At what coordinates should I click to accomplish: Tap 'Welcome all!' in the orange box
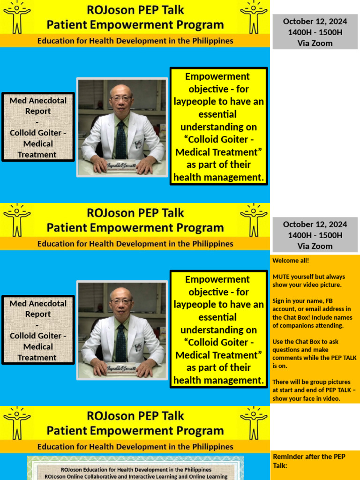coord(291,260)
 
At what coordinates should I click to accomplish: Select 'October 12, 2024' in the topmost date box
coord(315,21)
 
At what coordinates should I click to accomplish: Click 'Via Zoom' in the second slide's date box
coord(315,246)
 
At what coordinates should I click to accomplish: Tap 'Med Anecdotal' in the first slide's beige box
coord(38,100)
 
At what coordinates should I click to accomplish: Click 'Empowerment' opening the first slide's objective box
coord(217,76)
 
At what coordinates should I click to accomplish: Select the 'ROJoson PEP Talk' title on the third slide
coord(135,416)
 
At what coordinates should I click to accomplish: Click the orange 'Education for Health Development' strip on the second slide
coord(135,244)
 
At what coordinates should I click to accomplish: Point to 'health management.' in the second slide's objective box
coord(218,380)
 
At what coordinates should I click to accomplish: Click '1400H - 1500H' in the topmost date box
coord(315,32)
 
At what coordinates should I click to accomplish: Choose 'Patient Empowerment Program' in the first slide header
coord(135,25)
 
